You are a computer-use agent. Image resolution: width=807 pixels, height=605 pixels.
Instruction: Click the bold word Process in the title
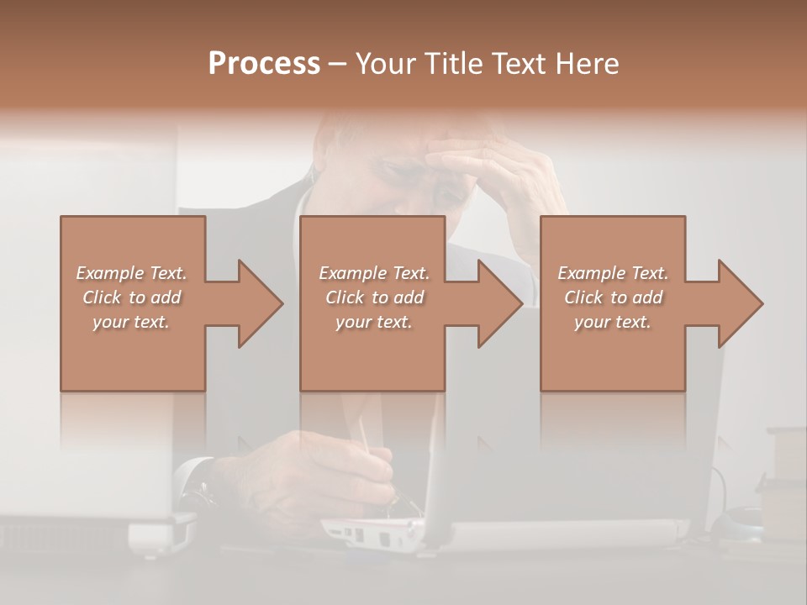264,64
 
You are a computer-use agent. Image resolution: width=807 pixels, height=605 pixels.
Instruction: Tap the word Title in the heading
451,64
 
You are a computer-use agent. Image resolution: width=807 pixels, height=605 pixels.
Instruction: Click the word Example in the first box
108,273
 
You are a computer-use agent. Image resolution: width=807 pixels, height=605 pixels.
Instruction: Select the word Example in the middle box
351,273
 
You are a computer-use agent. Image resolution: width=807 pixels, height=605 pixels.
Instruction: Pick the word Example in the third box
590,273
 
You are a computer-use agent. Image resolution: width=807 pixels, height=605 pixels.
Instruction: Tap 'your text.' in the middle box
373,322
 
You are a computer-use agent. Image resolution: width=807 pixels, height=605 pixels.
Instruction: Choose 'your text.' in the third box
613,322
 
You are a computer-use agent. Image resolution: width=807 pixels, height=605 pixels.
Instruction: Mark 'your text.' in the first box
130,322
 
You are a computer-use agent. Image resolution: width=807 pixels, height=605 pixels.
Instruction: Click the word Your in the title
388,64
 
